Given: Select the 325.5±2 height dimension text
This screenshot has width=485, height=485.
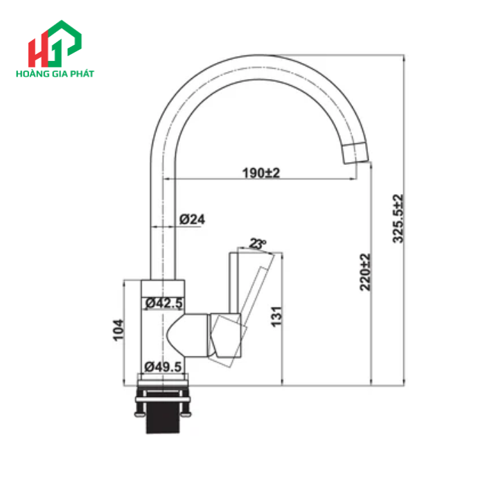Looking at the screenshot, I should (x=397, y=218).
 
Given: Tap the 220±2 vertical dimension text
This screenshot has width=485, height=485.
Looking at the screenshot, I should (x=365, y=271).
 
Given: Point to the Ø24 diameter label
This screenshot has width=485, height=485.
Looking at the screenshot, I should (x=192, y=219).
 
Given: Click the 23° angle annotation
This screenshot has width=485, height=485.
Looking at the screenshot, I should (x=258, y=244).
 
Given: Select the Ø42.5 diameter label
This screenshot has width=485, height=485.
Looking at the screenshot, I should (x=164, y=302).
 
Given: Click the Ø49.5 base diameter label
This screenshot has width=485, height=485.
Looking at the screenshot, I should (x=164, y=367).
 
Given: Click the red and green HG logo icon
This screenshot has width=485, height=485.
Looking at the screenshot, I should (x=54, y=45).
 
